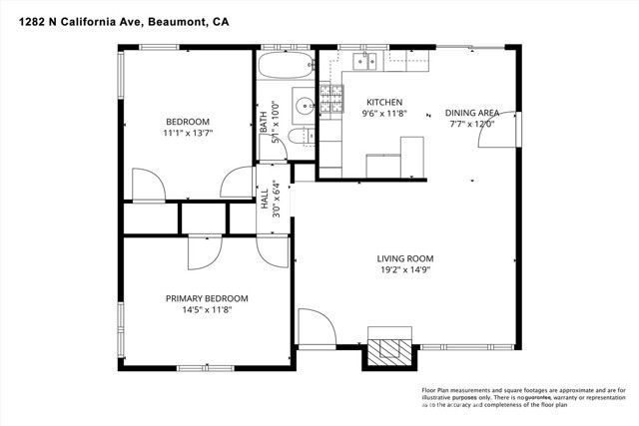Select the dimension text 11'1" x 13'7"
tap(189, 132)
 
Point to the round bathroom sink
tap(304, 103)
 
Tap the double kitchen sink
tap(365, 63)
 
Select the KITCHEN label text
tap(383, 102)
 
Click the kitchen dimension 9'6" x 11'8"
tap(383, 114)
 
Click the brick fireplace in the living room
tap(387, 348)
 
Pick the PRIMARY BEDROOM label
tap(206, 298)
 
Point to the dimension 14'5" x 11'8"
tap(206, 310)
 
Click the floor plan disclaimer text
tap(523, 398)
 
